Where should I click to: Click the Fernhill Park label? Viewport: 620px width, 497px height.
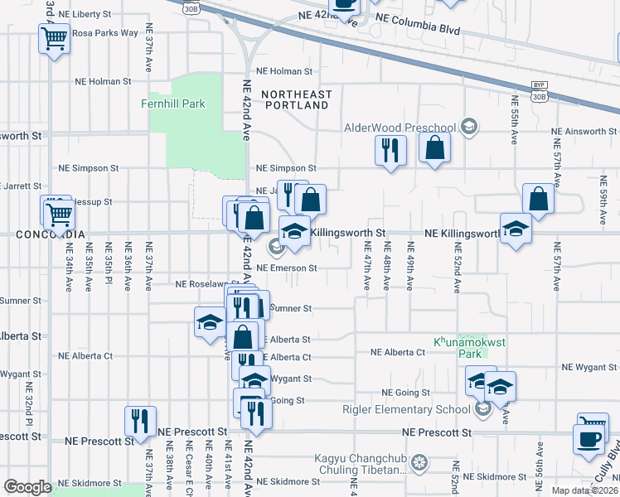click(173, 104)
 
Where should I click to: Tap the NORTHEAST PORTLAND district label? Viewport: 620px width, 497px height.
click(296, 100)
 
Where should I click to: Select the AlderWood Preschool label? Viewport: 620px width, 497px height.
click(400, 128)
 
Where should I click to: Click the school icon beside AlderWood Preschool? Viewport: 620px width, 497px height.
click(469, 127)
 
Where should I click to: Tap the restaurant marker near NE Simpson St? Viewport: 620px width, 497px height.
click(390, 150)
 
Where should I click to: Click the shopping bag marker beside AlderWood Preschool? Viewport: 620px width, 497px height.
click(434, 149)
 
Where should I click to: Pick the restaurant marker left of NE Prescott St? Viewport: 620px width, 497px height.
click(140, 420)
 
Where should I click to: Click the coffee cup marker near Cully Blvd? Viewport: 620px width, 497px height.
click(589, 439)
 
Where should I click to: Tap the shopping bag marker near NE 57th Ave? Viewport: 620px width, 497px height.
click(538, 198)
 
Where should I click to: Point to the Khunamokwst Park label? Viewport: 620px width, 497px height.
click(458, 346)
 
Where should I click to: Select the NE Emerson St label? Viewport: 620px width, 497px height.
click(287, 268)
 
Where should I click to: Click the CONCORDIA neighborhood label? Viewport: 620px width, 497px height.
click(51, 234)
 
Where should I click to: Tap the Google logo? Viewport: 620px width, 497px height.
click(27, 487)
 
